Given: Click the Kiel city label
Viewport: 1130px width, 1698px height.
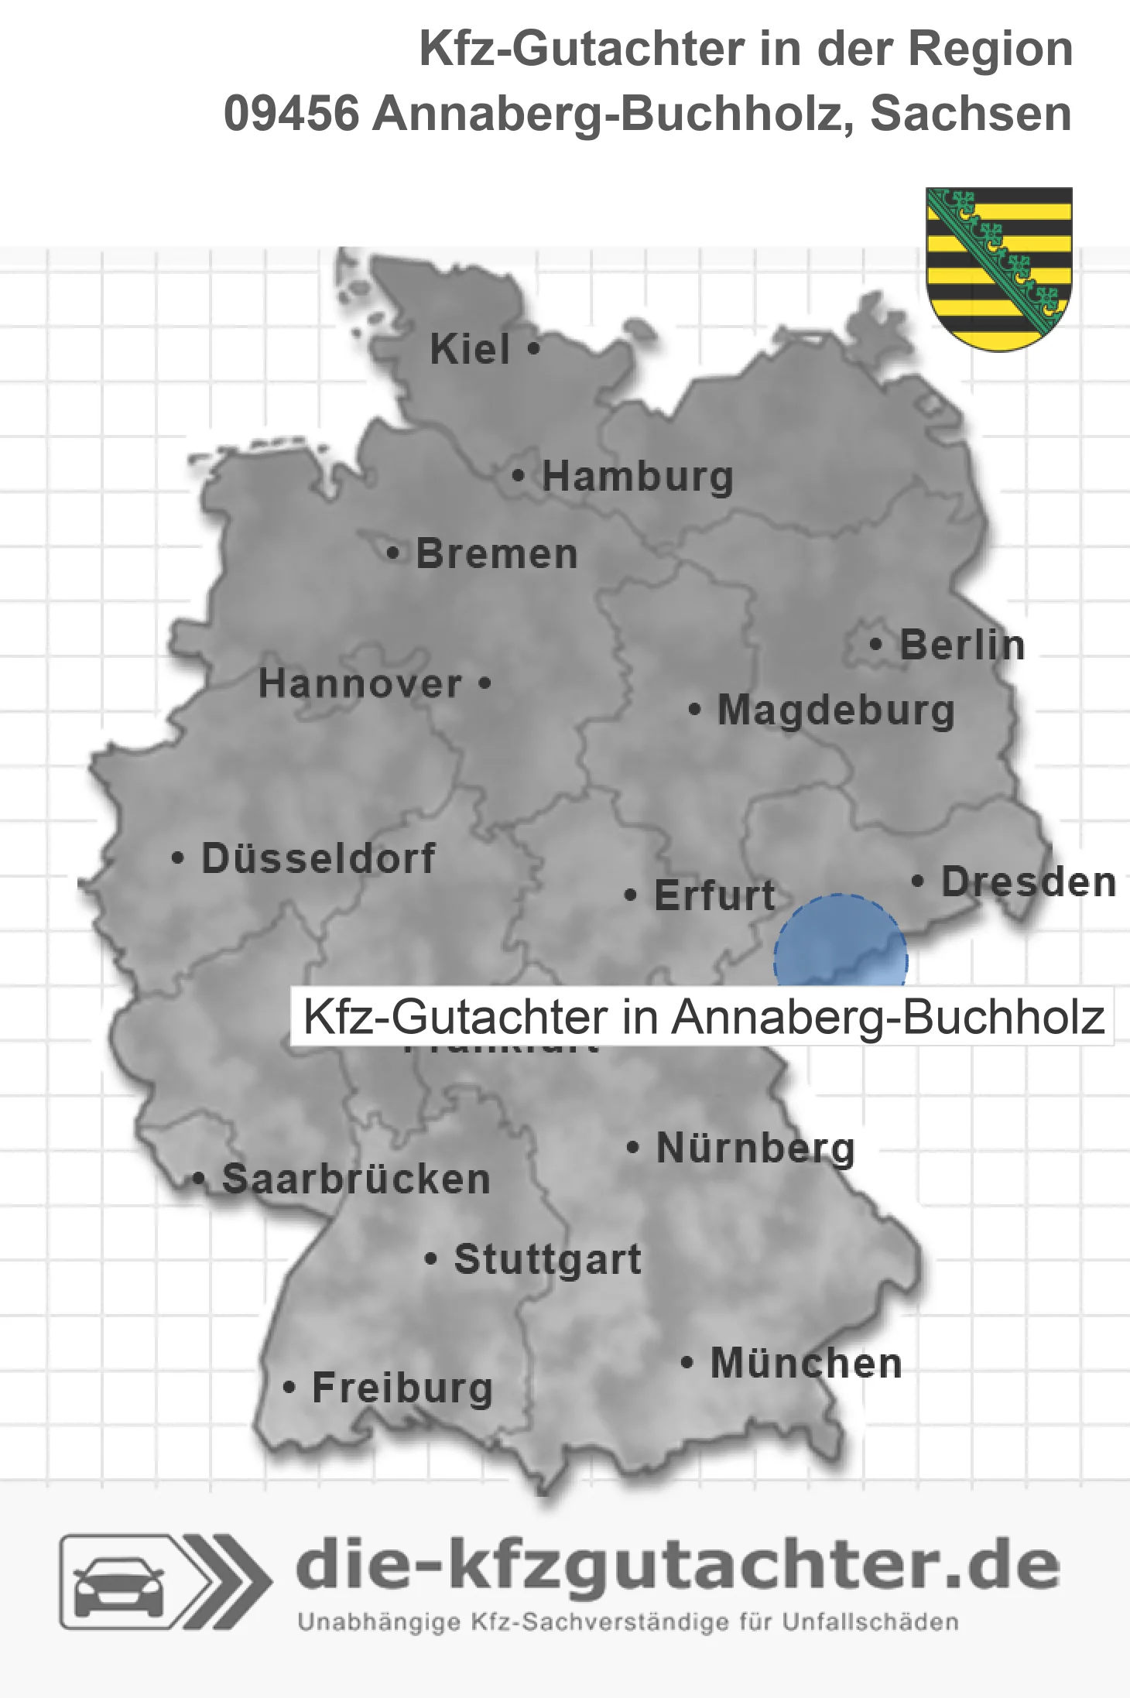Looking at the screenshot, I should (x=470, y=350).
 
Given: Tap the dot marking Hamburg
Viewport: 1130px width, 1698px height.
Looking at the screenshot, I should (x=519, y=476).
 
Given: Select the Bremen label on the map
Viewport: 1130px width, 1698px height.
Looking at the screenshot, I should (x=497, y=554).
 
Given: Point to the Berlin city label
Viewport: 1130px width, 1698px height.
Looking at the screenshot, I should (x=962, y=645).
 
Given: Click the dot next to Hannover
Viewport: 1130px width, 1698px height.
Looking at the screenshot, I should (x=485, y=683).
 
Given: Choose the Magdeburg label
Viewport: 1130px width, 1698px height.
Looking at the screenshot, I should (x=836, y=710).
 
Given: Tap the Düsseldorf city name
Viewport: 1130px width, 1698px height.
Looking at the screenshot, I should (x=318, y=858).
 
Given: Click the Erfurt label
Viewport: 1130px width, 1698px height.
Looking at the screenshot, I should (x=714, y=895).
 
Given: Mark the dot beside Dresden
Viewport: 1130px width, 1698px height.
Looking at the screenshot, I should (x=918, y=881).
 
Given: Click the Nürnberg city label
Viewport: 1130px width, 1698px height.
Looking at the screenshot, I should (x=755, y=1149).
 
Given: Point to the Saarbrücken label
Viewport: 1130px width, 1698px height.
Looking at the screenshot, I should (x=356, y=1179).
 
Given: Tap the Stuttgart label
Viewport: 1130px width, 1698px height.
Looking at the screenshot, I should (x=547, y=1259).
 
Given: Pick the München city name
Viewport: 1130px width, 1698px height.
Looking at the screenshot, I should (x=806, y=1364).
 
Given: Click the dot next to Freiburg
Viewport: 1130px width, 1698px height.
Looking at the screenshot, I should (x=289, y=1388).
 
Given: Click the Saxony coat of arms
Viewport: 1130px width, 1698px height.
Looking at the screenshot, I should (x=999, y=268).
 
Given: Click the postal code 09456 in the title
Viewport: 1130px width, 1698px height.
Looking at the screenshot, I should (x=292, y=114).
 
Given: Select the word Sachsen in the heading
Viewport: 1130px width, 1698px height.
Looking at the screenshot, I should (x=971, y=114).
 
